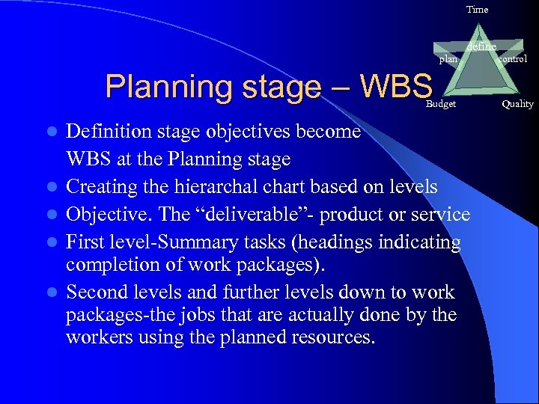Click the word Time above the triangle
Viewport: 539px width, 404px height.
[477, 10]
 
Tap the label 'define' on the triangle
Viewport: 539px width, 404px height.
[481, 47]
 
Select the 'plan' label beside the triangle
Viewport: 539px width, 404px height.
[448, 59]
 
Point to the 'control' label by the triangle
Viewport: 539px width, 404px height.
[512, 58]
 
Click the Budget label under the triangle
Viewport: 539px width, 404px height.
[440, 104]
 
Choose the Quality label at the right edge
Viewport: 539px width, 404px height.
[517, 104]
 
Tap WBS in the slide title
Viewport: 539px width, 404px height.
[396, 86]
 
